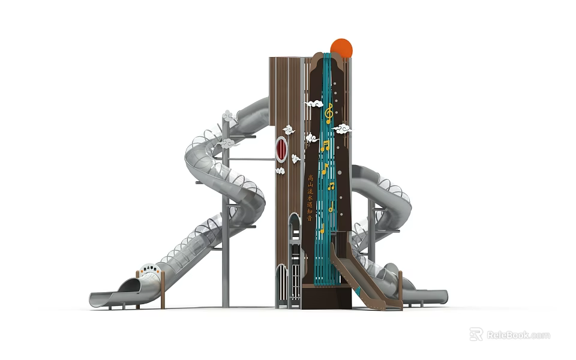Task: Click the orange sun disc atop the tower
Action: pyautogui.click(x=341, y=47)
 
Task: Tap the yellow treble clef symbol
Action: pyautogui.click(x=328, y=113)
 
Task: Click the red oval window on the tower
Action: pyautogui.click(x=281, y=149)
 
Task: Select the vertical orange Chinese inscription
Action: pyautogui.click(x=310, y=198)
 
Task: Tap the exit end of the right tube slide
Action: pyautogui.click(x=437, y=296)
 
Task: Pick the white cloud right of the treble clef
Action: pyautogui.click(x=343, y=128)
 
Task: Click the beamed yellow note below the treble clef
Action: pyautogui.click(x=325, y=145)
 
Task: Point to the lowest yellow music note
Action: pyautogui.click(x=322, y=229)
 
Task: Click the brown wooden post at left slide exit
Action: pyautogui.click(x=162, y=290)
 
